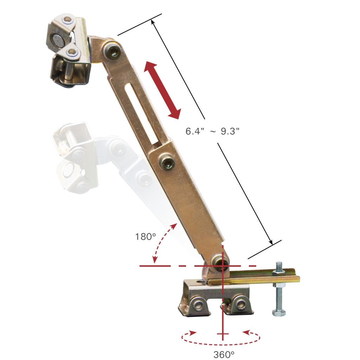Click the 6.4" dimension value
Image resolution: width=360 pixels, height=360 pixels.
(x=194, y=131)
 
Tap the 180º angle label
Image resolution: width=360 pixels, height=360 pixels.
(x=145, y=236)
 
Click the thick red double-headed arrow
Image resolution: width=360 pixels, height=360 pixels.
(x=163, y=89)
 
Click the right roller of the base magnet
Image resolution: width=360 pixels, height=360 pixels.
(x=240, y=303)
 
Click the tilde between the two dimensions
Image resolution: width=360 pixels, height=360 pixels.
(x=213, y=131)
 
